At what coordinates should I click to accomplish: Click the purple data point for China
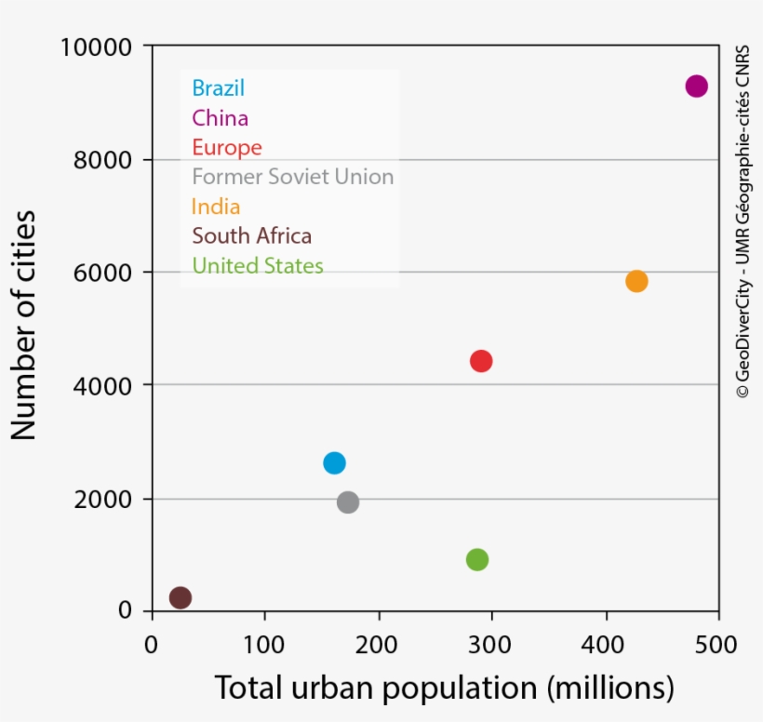(x=696, y=86)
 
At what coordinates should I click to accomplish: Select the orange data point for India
(x=636, y=281)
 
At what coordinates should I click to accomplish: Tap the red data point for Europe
(x=480, y=361)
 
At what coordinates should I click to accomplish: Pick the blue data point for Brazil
(x=334, y=462)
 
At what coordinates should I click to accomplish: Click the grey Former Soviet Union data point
(x=348, y=502)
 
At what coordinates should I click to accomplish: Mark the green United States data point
(x=477, y=559)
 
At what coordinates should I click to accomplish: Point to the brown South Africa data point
(x=181, y=597)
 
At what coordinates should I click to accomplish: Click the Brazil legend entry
(x=218, y=88)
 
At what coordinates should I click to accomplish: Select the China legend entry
(x=220, y=118)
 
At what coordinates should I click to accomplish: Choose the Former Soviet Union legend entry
(x=292, y=177)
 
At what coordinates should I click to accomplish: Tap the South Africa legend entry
(x=251, y=235)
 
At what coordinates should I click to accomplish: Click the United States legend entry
(x=257, y=266)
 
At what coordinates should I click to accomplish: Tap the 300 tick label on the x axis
(x=491, y=645)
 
